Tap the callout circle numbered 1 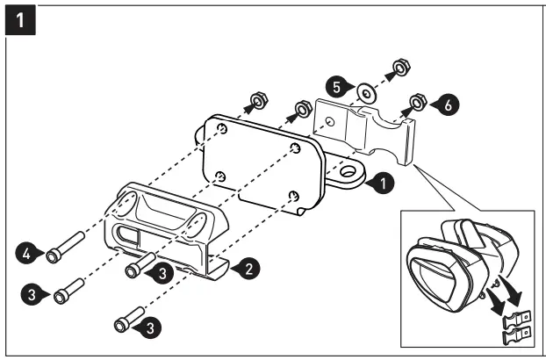(x=380, y=184)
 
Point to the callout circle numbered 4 (x=28, y=255)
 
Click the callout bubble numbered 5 (x=337, y=87)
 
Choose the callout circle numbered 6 (x=446, y=104)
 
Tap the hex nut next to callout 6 (x=418, y=104)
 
